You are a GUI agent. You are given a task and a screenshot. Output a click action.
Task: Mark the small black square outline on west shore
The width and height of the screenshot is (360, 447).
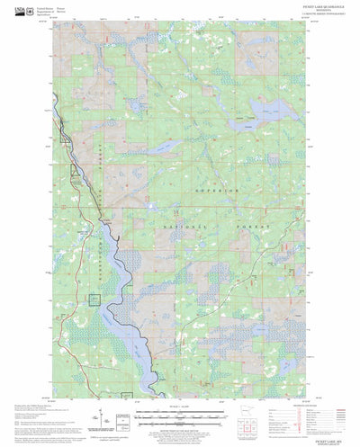[x=94, y=299]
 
